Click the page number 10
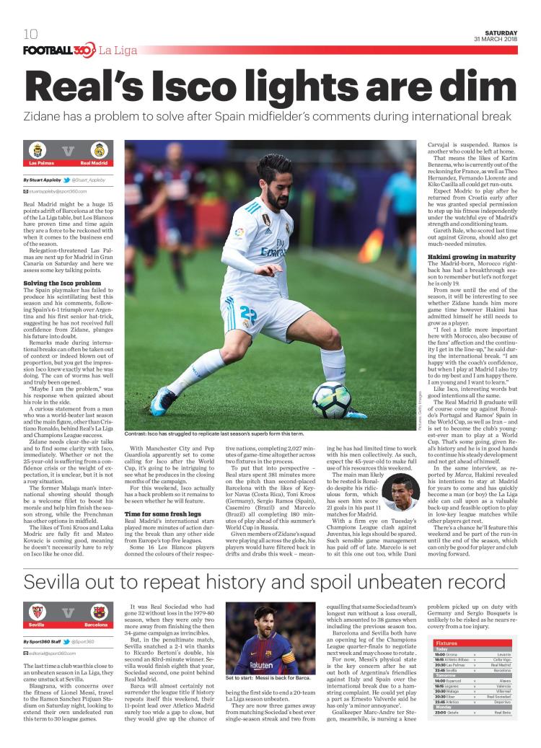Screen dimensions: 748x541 [x=30, y=34]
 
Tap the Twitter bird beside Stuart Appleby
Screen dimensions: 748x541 [x=66, y=179]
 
